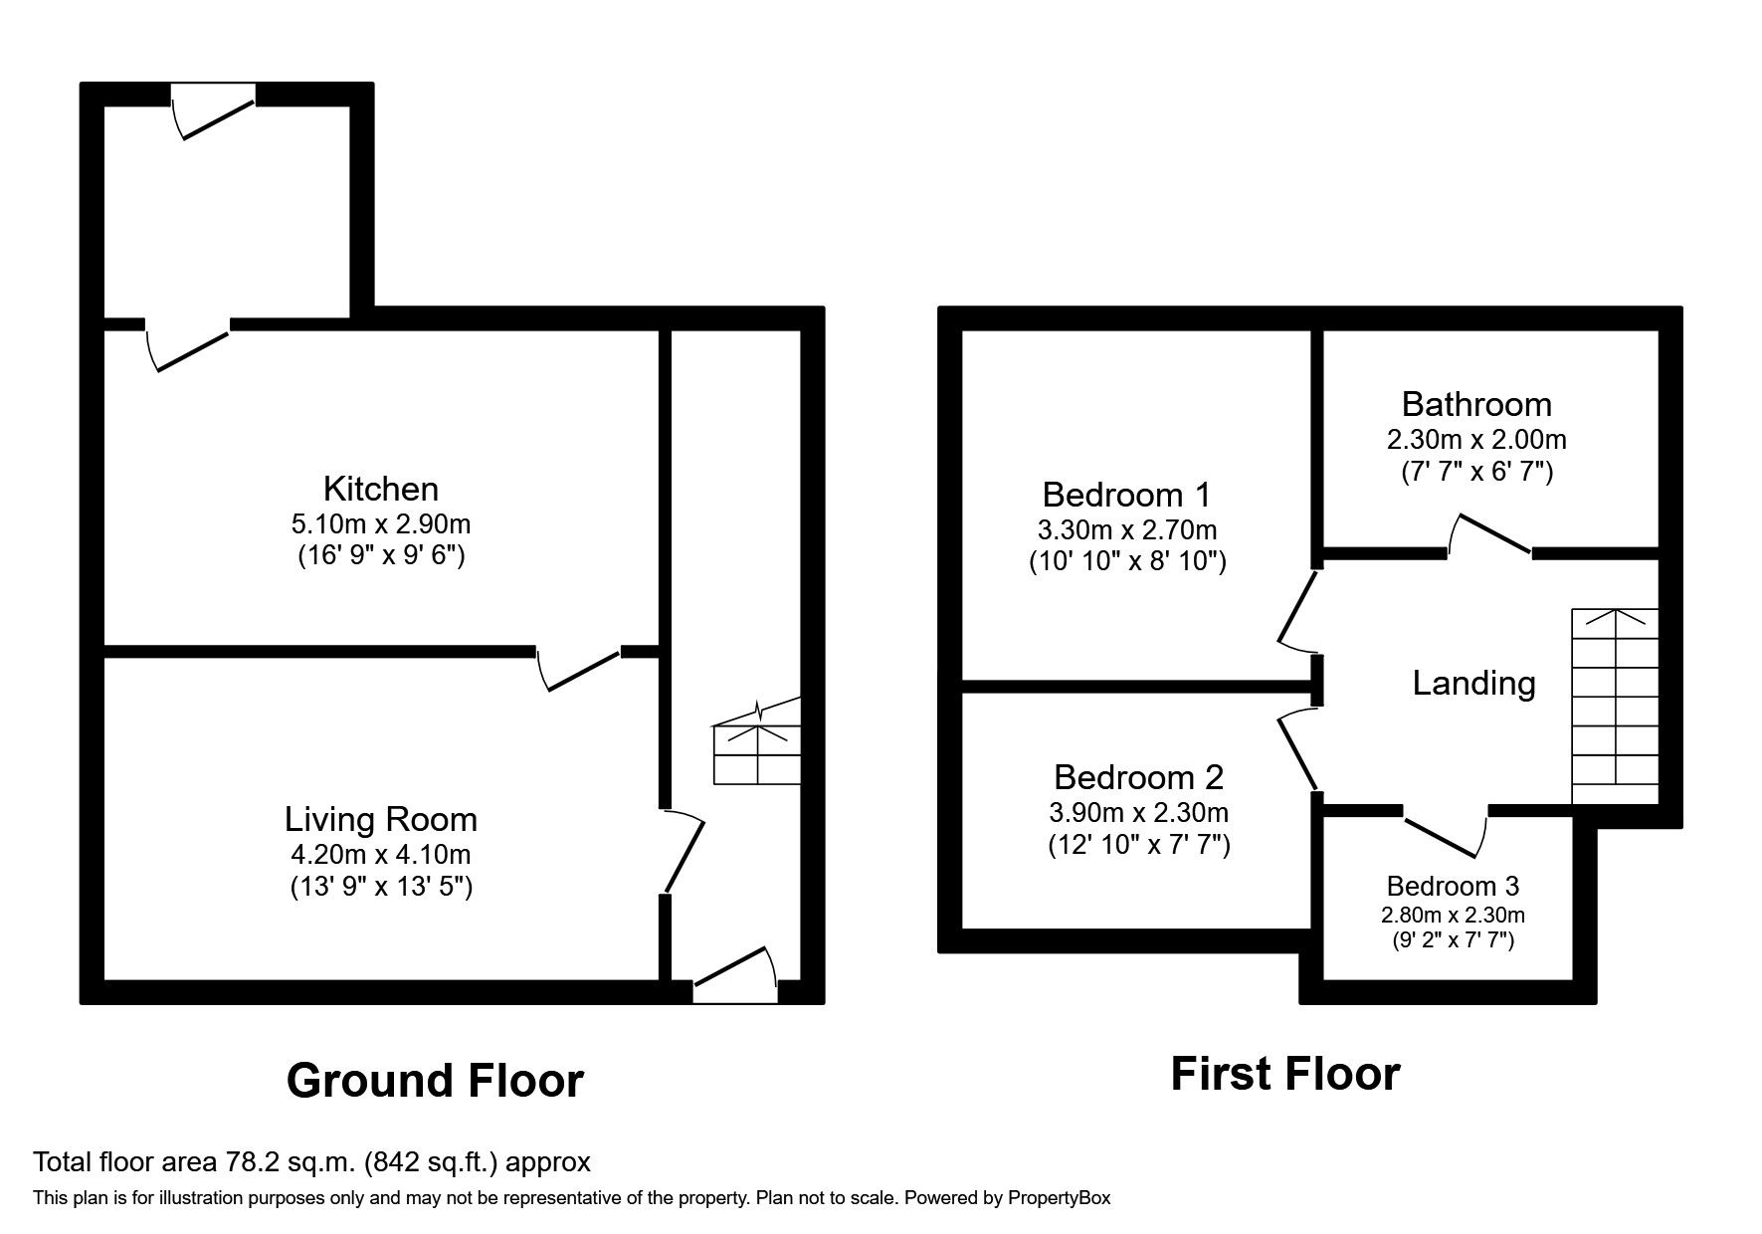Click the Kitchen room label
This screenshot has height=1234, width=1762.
pyautogui.click(x=380, y=489)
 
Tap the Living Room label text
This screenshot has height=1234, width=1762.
pyautogui.click(x=380, y=819)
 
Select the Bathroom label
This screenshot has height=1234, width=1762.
pyautogui.click(x=1475, y=404)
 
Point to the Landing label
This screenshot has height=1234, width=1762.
pyautogui.click(x=1473, y=683)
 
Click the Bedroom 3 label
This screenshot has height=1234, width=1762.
pyautogui.click(x=1453, y=886)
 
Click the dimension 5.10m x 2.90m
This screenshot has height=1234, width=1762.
pyautogui.click(x=380, y=522)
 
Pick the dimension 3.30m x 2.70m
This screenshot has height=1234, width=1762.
pyautogui.click(x=1126, y=529)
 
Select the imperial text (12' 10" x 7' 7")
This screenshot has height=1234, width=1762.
pyautogui.click(x=1138, y=845)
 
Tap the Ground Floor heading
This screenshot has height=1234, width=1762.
pyautogui.click(x=435, y=1081)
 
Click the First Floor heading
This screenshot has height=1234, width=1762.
pyautogui.click(x=1284, y=1074)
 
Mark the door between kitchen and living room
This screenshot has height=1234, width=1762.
pyautogui.click(x=579, y=668)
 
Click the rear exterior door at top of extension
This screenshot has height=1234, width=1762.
pyautogui.click(x=214, y=111)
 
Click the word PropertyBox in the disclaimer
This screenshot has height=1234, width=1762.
pyautogui.click(x=1059, y=1198)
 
